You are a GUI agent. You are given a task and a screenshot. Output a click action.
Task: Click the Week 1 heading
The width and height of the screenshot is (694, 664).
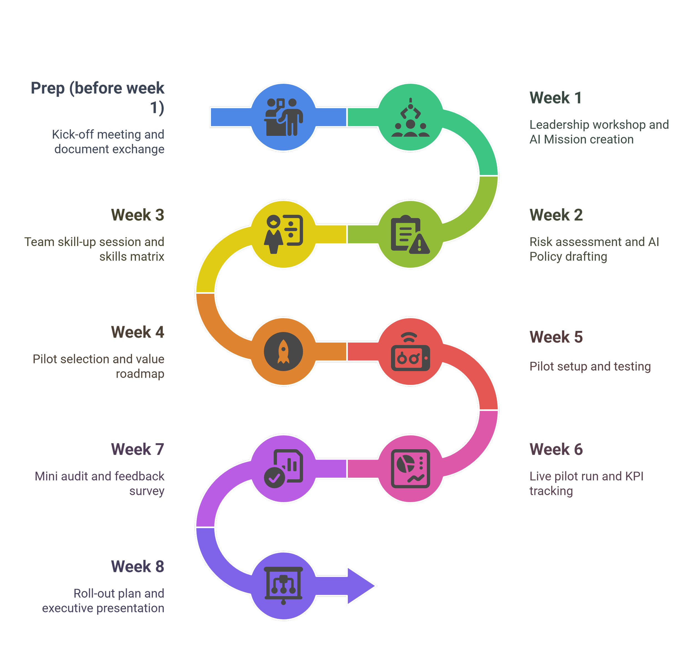555,98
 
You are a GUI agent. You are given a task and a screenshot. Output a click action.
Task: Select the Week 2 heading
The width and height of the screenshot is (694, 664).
555,215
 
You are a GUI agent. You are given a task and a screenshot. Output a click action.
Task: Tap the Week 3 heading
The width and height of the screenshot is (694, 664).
137,215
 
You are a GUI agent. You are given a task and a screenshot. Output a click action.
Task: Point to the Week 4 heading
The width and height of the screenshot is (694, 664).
137,332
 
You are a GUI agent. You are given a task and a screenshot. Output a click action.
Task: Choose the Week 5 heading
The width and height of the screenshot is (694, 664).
555,337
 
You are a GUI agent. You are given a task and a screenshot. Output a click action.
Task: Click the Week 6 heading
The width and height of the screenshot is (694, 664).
555,450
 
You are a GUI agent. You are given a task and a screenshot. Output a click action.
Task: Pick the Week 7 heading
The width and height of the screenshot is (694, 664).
137,450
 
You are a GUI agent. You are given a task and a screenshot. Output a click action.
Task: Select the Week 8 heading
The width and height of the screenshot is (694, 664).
137,566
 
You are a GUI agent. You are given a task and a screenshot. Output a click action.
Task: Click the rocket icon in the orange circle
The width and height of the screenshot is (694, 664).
283,352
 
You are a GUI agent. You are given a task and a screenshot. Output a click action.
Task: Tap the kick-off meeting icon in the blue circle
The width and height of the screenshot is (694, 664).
283,117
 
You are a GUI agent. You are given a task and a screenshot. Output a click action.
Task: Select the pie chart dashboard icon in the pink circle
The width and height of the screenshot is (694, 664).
410,469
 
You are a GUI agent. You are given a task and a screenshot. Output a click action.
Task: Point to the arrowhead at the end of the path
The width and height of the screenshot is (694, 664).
361,586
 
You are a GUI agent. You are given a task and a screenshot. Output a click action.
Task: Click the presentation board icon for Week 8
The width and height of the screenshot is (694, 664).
283,586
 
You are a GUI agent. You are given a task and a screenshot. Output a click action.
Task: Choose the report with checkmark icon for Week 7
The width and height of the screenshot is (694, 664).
283,469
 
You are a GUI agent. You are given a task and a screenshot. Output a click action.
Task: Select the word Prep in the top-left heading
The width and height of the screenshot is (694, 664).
47,88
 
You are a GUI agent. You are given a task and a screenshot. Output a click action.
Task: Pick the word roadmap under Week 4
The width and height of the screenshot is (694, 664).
140,374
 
